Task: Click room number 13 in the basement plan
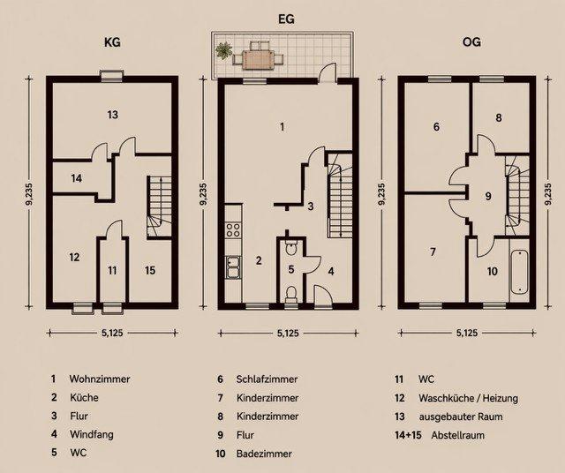[x=113, y=115]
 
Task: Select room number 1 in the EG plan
[x=282, y=127]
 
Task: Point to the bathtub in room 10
[x=519, y=273]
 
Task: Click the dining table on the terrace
[x=260, y=57]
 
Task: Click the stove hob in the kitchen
[x=234, y=229]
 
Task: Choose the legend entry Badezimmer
[x=265, y=454]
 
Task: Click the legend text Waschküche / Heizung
[x=469, y=398]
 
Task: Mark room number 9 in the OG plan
[x=487, y=195]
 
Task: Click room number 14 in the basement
[x=77, y=178]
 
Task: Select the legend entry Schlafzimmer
[x=268, y=379]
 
